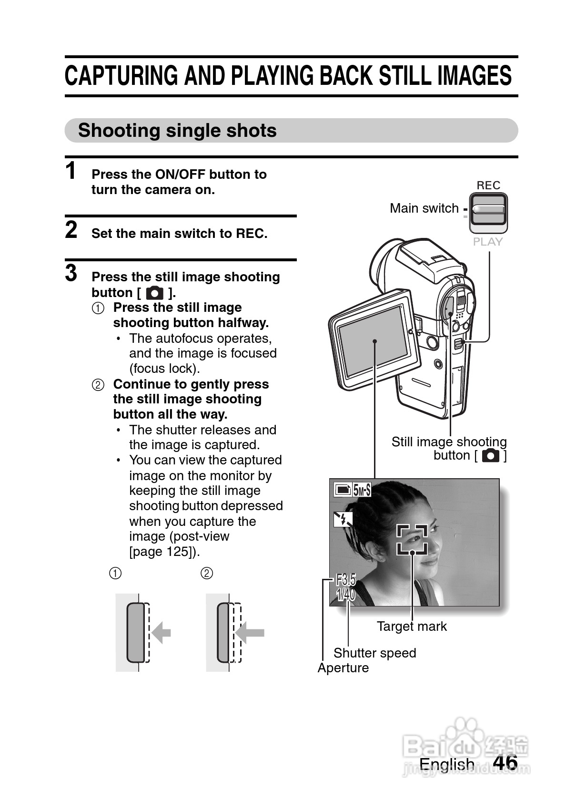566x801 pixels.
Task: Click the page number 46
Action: coord(505,762)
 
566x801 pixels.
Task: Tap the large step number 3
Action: coord(71,273)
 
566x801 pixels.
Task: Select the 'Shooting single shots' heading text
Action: coord(177,130)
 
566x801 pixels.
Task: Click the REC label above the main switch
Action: coord(488,185)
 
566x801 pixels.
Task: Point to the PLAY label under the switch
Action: coord(488,242)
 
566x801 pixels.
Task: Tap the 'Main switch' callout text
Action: coord(424,208)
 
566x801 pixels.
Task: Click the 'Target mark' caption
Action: coord(412,626)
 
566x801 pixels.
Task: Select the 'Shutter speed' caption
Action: coord(374,653)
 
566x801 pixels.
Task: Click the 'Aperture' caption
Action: coord(343,667)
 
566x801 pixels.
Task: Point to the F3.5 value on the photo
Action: coord(346,580)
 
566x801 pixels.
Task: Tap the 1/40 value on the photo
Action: coord(346,595)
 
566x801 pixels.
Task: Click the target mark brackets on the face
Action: coord(412,539)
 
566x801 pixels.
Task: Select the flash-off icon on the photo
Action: coord(342,519)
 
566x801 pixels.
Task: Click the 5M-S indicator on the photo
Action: coord(362,490)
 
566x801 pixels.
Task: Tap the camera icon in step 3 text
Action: coord(154,292)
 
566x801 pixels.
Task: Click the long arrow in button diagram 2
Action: coord(251,633)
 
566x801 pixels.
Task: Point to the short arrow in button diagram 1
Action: coord(161,633)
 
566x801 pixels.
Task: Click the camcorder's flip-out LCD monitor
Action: coord(374,340)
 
